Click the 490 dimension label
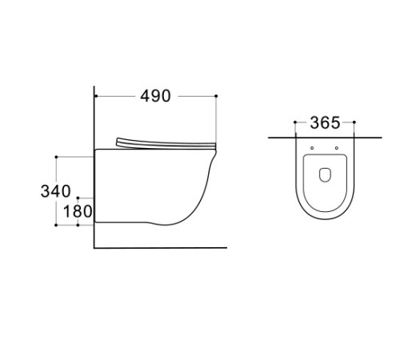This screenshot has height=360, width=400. point(155,96)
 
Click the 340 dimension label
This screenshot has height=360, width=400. point(56,191)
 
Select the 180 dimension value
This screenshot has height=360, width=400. point(78,211)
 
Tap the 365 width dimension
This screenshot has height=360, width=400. point(325,122)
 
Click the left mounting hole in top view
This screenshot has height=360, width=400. point(312,148)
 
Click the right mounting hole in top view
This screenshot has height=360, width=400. point(337,148)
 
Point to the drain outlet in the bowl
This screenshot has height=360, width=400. point(325,175)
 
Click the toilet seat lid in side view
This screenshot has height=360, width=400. point(166,143)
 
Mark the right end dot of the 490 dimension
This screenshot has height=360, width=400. point(216,96)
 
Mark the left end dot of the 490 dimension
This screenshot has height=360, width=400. point(96,96)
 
